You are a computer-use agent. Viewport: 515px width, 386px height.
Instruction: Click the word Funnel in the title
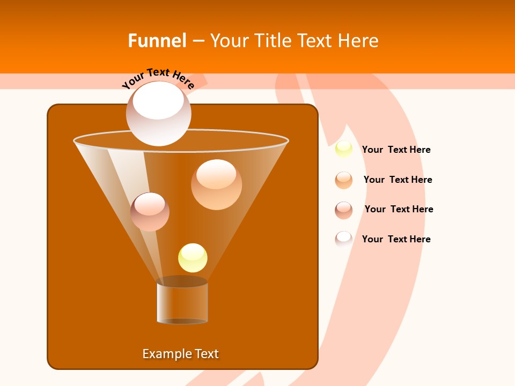157,41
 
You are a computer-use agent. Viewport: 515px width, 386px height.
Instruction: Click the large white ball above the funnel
158,114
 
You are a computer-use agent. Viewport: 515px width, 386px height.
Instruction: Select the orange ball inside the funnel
216,184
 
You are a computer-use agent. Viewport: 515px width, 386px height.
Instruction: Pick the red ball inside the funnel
150,212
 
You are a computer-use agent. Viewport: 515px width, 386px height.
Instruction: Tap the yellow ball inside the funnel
193,258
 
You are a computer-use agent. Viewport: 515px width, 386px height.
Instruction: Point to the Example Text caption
181,354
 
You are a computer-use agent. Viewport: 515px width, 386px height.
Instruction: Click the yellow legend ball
344,150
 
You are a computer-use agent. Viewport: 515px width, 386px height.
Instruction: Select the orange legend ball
344,180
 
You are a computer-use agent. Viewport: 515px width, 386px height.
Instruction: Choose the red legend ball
344,210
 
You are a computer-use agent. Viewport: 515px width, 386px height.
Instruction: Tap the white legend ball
344,239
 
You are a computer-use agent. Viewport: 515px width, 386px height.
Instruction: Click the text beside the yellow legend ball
396,150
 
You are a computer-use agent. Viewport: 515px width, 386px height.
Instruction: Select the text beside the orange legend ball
398,180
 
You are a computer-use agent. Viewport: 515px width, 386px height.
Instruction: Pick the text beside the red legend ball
399,209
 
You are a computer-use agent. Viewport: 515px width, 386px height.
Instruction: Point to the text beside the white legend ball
396,239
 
